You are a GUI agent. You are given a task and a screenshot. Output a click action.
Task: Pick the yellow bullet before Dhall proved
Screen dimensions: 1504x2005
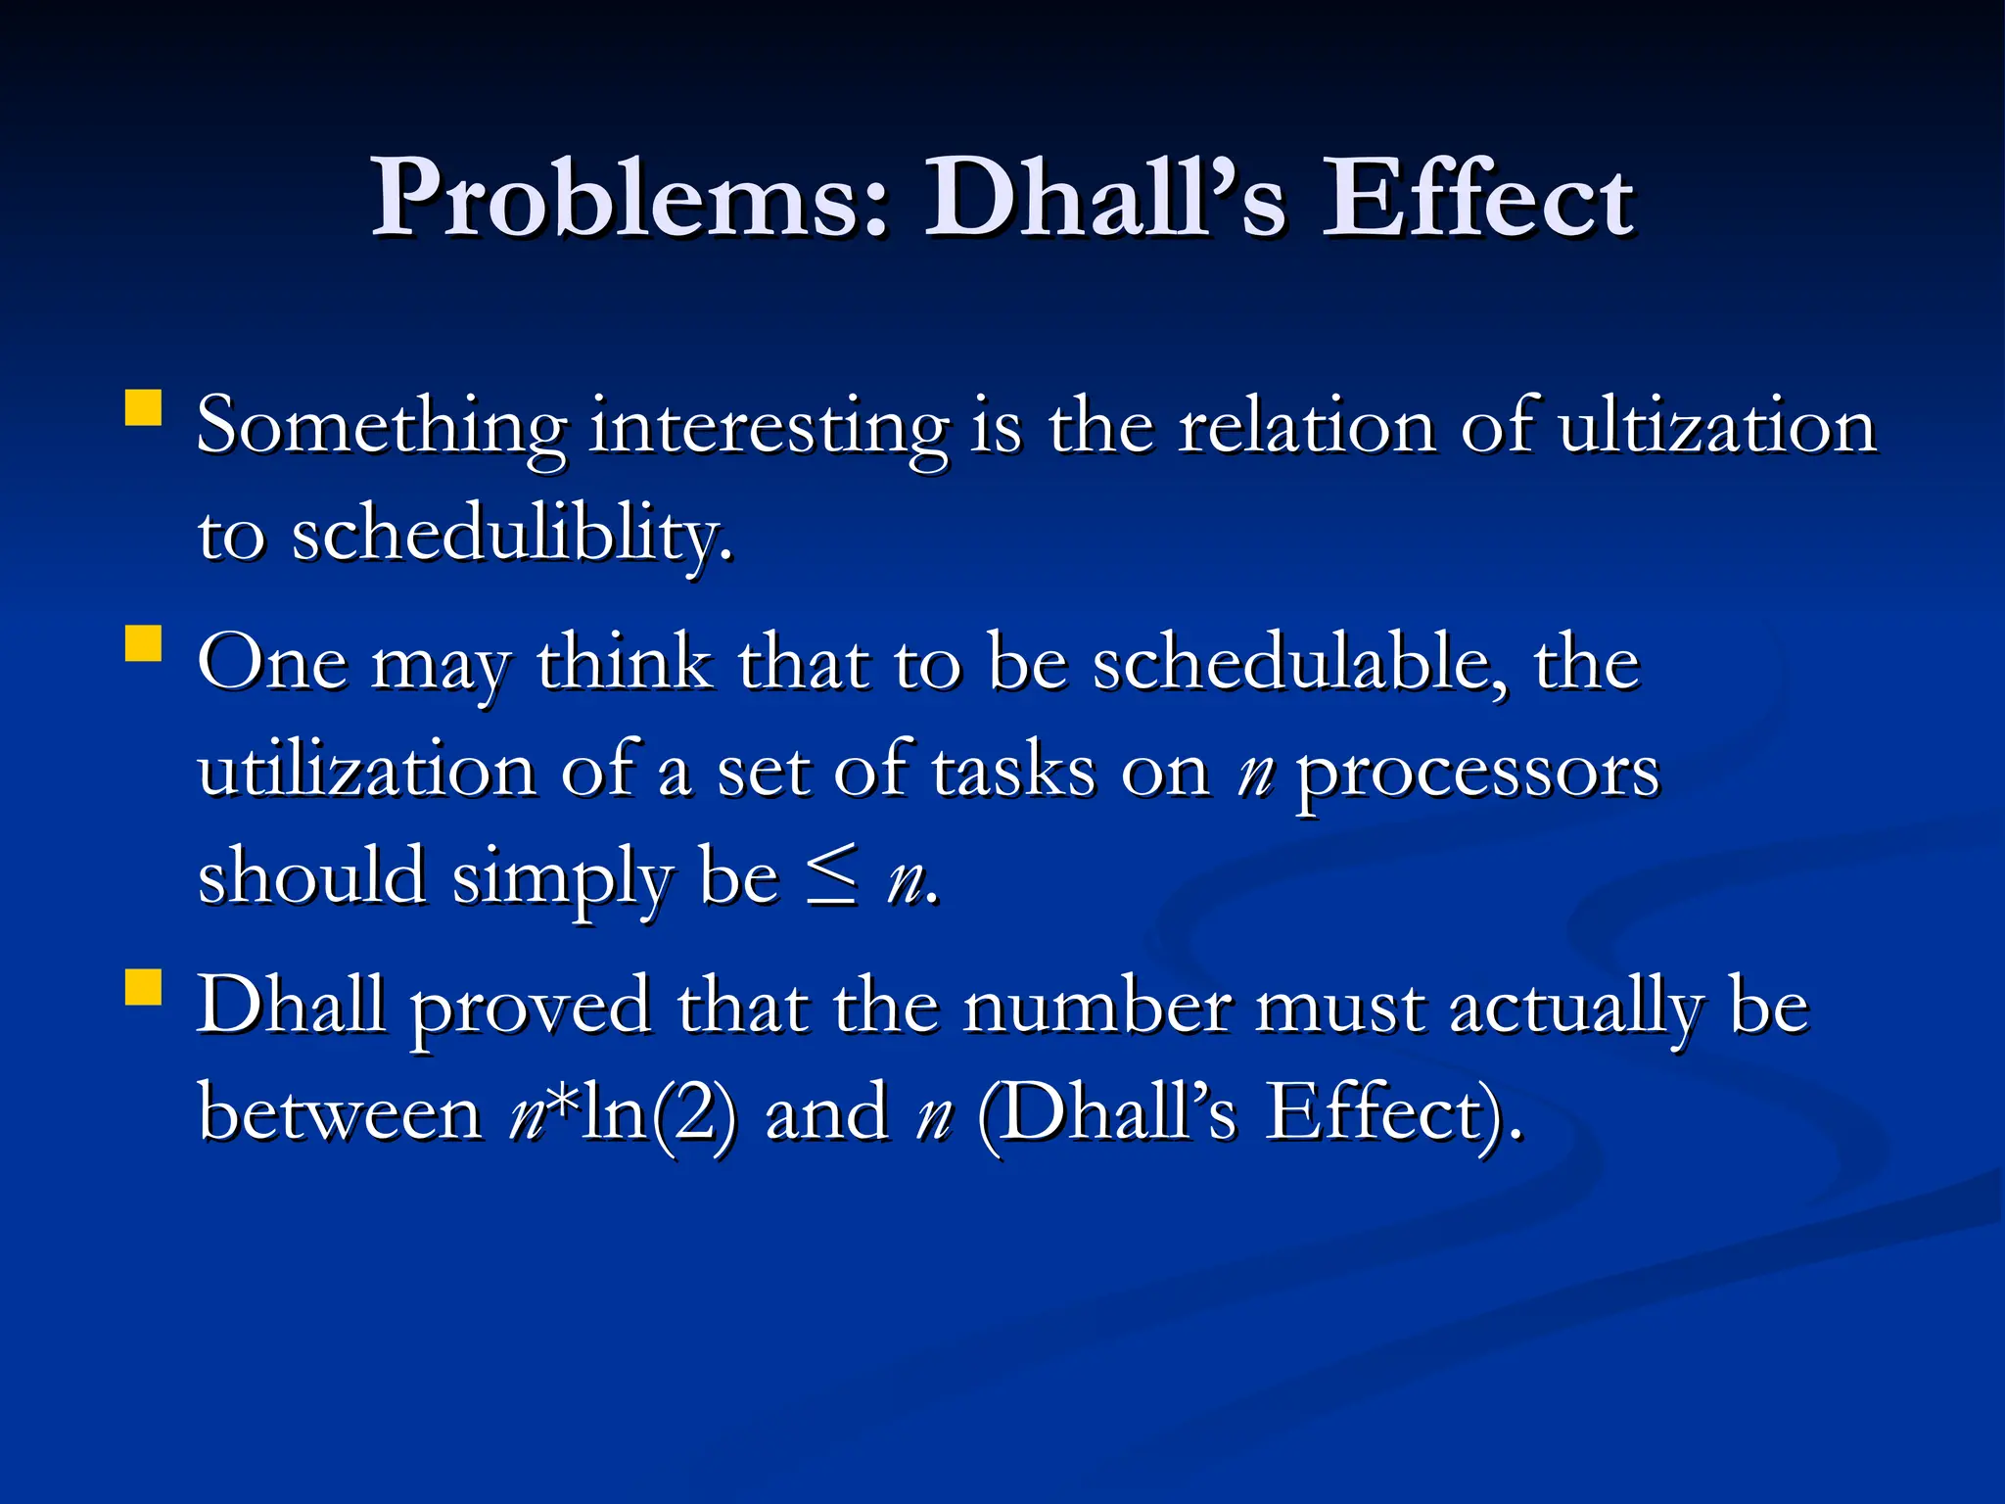tap(144, 987)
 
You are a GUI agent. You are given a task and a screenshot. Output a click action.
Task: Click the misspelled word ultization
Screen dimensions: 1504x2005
tap(1716, 428)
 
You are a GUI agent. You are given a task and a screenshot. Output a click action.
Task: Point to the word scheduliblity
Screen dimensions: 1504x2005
tap(512, 537)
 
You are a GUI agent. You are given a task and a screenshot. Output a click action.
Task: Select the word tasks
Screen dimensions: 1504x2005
tap(1013, 772)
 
